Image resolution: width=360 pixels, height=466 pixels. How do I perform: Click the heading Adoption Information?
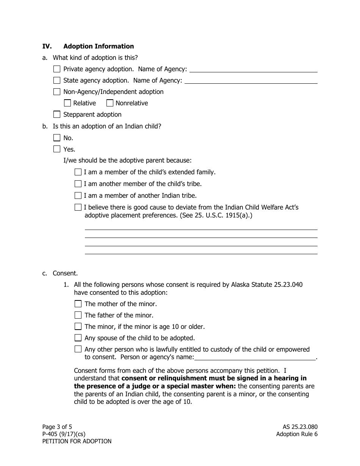click(x=99, y=46)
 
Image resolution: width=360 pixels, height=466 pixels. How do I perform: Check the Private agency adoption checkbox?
click(x=57, y=69)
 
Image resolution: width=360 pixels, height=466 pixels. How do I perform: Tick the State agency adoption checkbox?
click(x=57, y=80)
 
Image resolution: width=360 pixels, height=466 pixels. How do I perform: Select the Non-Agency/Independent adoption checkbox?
click(x=57, y=92)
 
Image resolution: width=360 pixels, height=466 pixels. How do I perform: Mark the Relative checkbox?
click(x=67, y=103)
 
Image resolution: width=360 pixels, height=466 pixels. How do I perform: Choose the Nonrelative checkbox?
click(x=110, y=103)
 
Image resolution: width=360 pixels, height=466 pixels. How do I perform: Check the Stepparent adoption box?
click(x=57, y=114)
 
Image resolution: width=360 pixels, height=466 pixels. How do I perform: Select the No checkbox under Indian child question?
click(x=57, y=138)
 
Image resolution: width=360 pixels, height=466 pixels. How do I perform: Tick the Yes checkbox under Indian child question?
click(x=57, y=149)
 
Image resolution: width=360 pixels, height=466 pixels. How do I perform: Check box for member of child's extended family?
click(x=78, y=172)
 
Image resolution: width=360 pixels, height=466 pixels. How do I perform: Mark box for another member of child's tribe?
click(x=78, y=184)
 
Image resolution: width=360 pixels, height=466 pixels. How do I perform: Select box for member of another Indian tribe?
click(x=78, y=195)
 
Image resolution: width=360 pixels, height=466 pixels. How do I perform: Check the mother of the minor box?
click(x=78, y=304)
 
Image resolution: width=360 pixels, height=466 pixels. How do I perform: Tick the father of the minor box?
click(x=78, y=315)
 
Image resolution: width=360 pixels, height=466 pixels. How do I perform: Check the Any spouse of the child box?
click(x=78, y=338)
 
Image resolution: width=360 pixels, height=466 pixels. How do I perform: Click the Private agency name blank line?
click(x=253, y=69)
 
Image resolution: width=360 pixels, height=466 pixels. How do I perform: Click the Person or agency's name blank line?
click(x=255, y=357)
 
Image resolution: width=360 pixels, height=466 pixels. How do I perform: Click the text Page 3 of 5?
click(x=57, y=427)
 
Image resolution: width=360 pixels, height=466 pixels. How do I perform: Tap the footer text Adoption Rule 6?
click(x=297, y=434)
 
